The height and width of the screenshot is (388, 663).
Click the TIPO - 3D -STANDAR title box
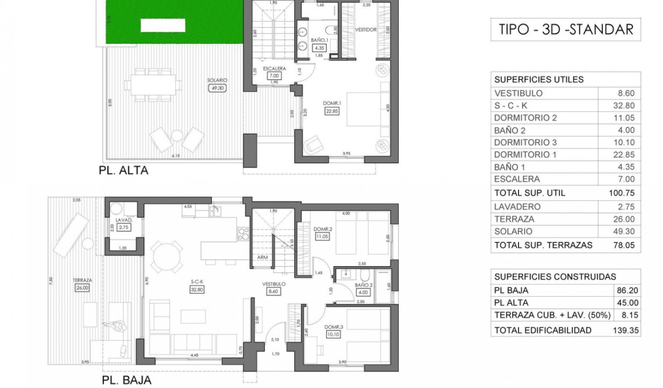click(566, 29)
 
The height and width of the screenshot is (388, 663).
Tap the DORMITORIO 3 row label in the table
click(525, 142)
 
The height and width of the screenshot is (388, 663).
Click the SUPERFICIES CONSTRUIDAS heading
click(555, 276)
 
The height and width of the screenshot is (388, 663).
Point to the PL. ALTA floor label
click(123, 171)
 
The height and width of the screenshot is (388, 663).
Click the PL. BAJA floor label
click(126, 380)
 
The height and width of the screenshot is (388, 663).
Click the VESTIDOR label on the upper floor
click(366, 30)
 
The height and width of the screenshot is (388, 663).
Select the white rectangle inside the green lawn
click(164, 25)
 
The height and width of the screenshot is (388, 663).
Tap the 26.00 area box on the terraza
click(82, 288)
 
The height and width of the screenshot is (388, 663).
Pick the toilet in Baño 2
click(365, 275)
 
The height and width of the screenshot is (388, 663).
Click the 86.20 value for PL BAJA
click(628, 290)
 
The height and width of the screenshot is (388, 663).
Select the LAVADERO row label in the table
click(517, 207)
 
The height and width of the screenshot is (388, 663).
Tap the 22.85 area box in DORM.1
click(329, 111)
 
